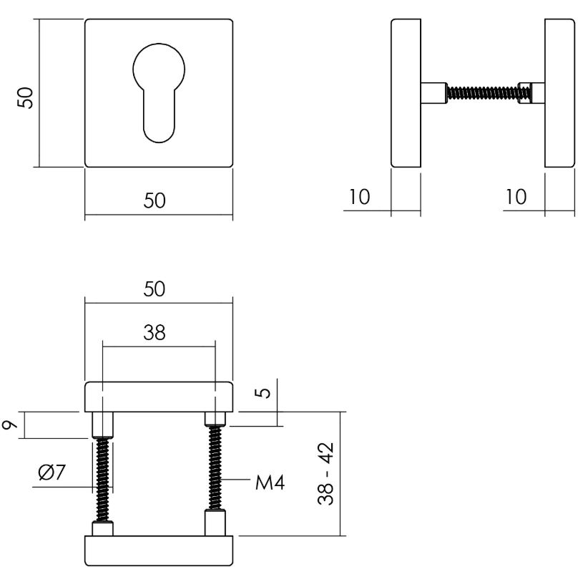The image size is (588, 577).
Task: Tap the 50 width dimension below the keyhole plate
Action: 155,201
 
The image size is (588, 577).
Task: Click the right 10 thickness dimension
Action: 515,197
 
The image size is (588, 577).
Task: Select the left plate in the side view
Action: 406,93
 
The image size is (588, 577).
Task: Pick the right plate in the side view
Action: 560,93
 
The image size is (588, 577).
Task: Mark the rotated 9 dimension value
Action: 10,425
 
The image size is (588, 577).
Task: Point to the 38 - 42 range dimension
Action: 326,473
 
